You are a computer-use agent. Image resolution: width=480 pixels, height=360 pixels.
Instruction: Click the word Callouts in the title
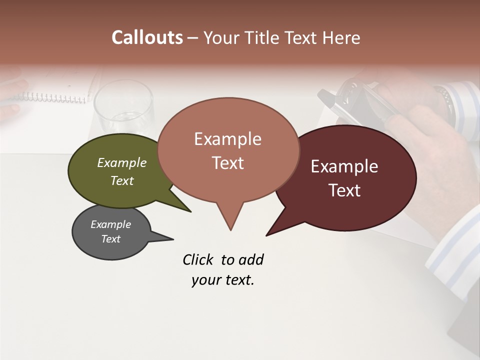click(x=147, y=38)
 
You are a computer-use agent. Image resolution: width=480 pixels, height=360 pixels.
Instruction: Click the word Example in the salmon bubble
click(x=227, y=139)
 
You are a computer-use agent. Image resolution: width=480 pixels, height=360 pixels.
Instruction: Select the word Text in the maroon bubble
click(x=344, y=190)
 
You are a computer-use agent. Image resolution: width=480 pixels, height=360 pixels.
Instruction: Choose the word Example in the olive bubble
click(x=121, y=163)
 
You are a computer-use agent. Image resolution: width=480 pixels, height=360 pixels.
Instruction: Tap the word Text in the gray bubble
click(x=110, y=239)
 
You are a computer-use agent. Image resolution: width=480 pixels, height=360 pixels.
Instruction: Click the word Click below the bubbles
click(x=198, y=259)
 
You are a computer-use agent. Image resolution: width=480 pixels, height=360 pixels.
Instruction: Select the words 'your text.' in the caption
click(x=222, y=280)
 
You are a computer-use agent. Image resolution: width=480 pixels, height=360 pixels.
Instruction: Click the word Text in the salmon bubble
click(x=227, y=163)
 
